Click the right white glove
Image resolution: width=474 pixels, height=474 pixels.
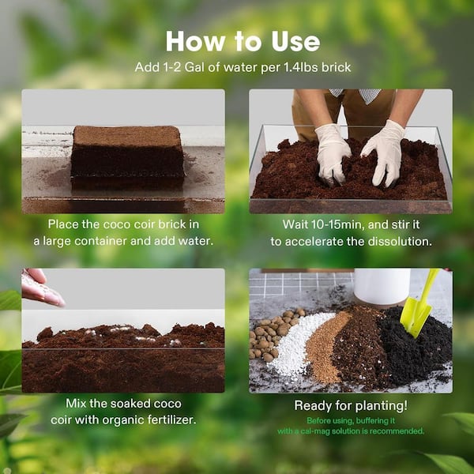pos(386,149)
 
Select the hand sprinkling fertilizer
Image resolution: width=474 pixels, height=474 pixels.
pos(41,287)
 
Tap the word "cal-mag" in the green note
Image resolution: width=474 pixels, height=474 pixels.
pos(329,431)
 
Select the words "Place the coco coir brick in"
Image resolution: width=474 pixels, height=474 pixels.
pos(122,224)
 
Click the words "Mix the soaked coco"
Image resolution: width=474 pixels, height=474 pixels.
pos(122,404)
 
